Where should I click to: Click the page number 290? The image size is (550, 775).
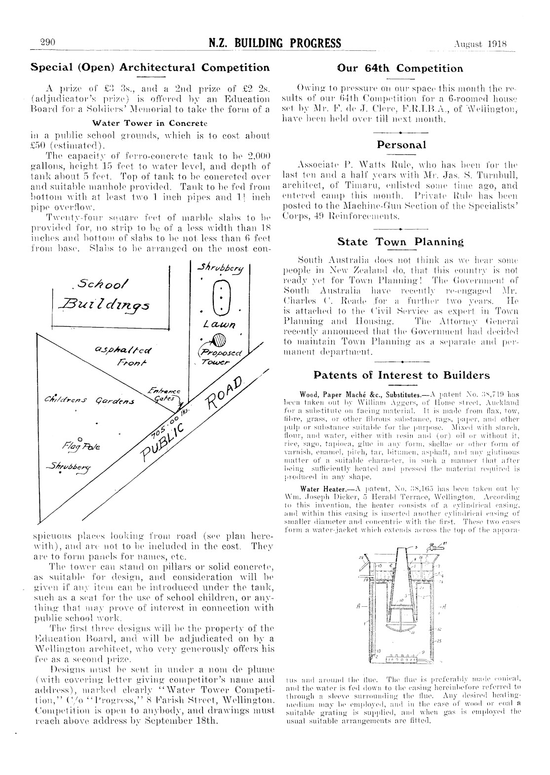50,42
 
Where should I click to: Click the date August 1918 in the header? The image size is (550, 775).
480,43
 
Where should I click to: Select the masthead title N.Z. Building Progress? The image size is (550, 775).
275,43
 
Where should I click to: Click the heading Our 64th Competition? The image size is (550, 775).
400,68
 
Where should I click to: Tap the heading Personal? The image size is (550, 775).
401,145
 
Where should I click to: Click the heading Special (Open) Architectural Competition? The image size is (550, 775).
150,67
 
